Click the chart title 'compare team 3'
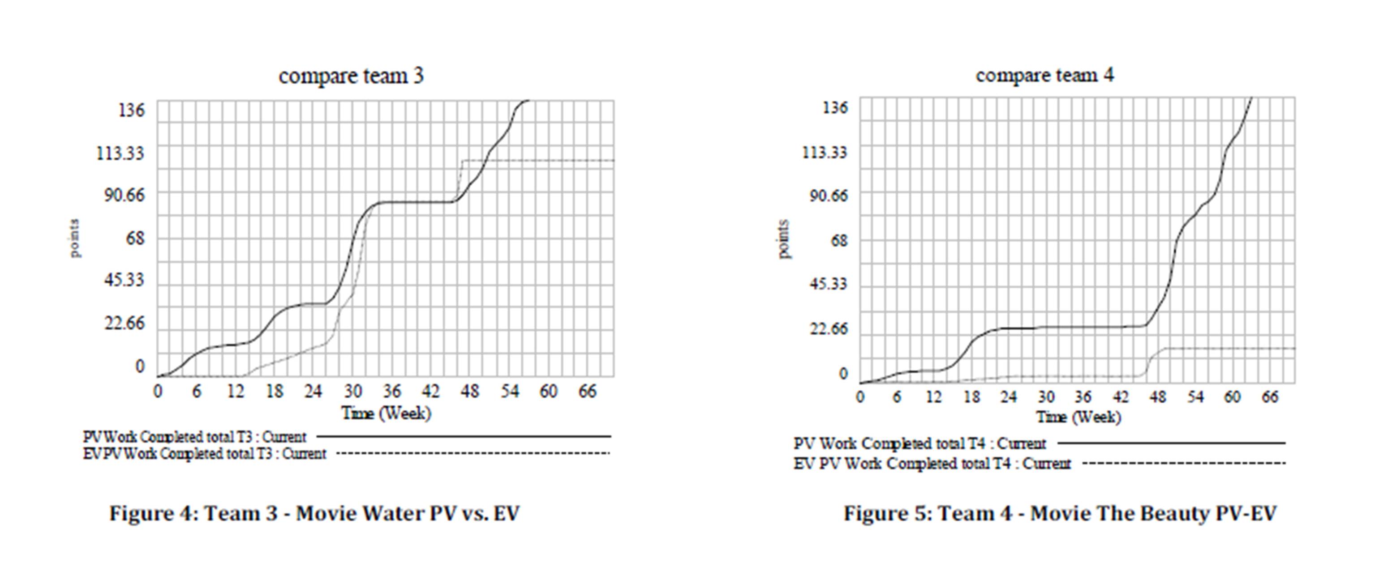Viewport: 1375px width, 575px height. coord(351,76)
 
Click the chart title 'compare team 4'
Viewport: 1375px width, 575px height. coord(1044,75)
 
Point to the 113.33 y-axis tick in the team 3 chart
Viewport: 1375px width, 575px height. coord(120,153)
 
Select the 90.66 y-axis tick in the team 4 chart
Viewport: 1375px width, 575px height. coord(828,196)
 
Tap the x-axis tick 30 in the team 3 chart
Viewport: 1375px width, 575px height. coord(353,392)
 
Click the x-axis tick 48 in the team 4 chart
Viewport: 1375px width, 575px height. coord(1158,397)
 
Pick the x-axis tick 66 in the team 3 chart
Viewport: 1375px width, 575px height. coord(587,392)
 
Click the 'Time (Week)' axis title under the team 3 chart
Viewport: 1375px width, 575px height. coord(386,413)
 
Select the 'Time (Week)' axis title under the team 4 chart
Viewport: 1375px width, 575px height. coord(1078,417)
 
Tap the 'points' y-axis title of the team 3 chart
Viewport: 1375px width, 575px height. coord(75,238)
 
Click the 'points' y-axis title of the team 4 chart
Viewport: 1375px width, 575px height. coord(783,239)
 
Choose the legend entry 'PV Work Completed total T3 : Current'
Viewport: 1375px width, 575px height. coord(195,437)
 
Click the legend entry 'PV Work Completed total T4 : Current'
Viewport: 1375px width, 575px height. coord(920,444)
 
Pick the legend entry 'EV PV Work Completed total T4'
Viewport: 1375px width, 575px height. coord(932,464)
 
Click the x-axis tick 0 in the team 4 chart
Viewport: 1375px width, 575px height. coord(860,397)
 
